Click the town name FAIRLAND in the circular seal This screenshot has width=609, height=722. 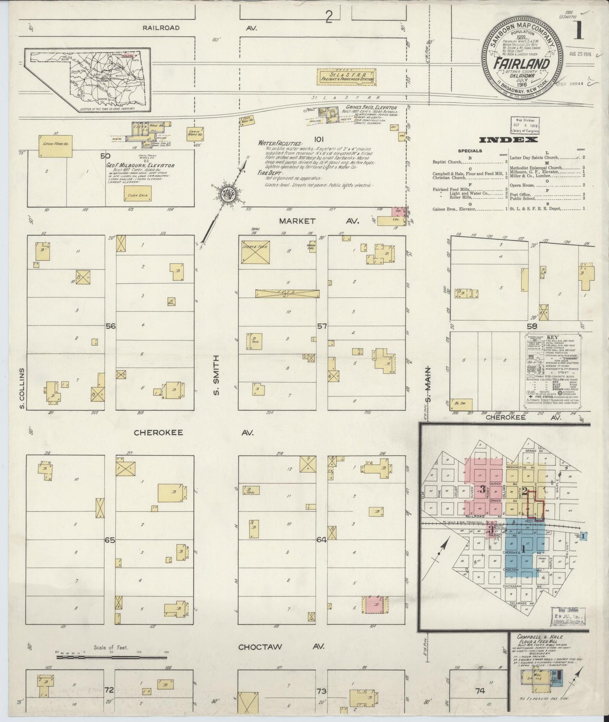click(x=524, y=64)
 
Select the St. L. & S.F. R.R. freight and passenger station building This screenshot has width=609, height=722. click(x=345, y=77)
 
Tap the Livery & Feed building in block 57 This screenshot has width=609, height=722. click(x=256, y=252)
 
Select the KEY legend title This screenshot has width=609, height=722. click(x=552, y=337)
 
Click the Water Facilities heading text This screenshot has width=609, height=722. click(x=280, y=144)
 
